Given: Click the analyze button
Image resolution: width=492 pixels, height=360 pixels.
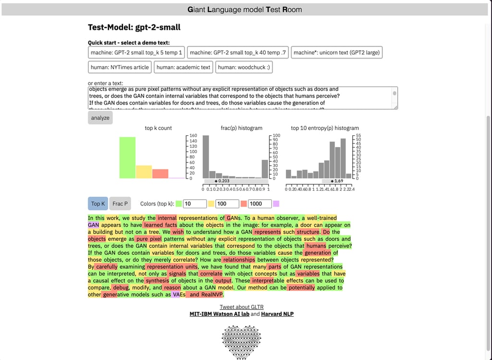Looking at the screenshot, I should coord(100,118).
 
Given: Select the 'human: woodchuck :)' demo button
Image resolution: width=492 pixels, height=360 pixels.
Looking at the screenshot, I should coord(244,67).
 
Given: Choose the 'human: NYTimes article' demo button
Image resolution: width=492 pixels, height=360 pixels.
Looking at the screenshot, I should coord(120,67).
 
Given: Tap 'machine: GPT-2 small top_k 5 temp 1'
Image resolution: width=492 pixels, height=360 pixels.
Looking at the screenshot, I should coord(136,52).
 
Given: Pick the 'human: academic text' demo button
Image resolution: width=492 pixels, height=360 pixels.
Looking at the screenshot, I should coord(184,67).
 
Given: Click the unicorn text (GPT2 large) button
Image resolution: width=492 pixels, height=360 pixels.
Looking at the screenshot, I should coord(337,52).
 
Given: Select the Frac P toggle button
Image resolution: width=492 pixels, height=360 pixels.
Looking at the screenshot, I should coord(120,204).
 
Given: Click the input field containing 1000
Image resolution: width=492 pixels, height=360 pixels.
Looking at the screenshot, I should coord(259,204).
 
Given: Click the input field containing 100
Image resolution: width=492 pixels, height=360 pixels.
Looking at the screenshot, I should coord(227,204).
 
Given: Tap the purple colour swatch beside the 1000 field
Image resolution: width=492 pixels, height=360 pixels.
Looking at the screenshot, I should coord(276,204).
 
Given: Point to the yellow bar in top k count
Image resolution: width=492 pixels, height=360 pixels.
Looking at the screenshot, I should coord(144,172).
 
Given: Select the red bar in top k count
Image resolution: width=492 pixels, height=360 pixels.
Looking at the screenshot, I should coord(160,174).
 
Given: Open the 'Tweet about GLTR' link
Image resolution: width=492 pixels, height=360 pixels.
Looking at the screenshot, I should coord(242,307).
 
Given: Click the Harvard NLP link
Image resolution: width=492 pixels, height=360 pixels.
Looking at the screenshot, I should coord(277,314).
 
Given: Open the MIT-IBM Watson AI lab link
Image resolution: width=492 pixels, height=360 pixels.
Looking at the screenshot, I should coord(219,314).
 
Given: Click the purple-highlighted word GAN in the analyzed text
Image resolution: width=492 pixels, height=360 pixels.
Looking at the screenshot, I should coord(94,225).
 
